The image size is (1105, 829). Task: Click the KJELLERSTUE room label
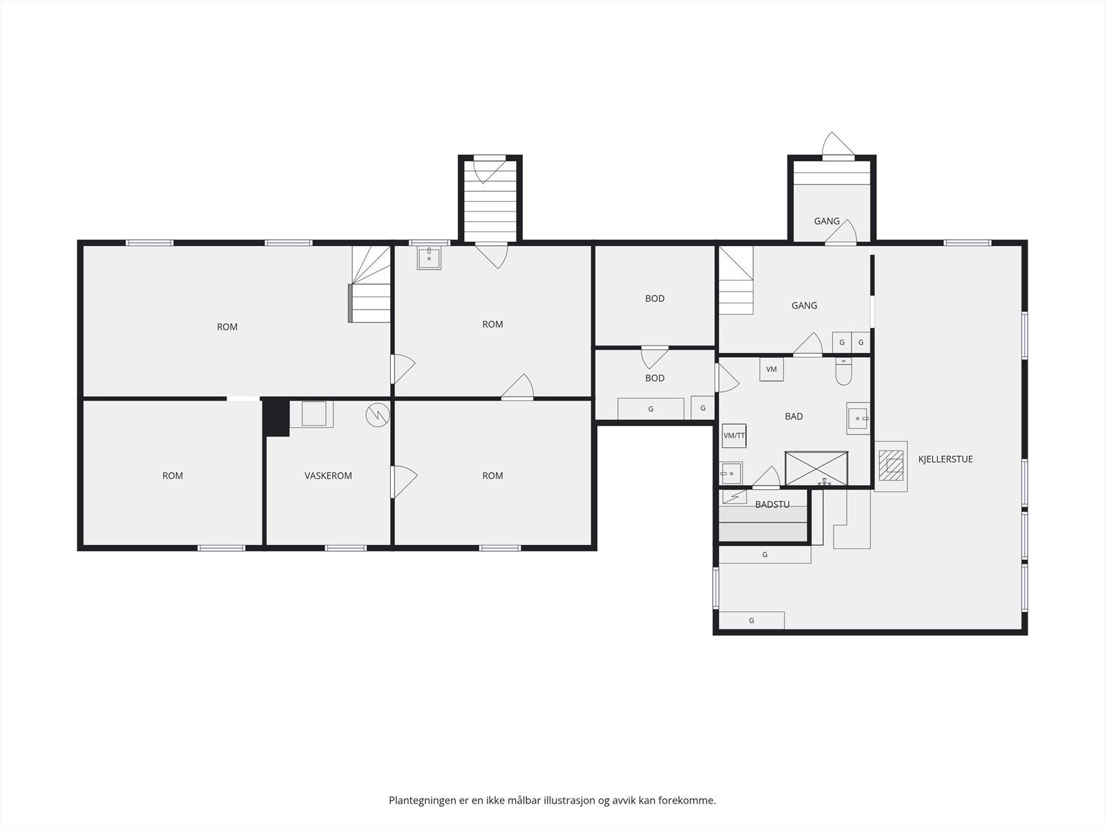[945, 459]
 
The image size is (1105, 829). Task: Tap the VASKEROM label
[328, 476]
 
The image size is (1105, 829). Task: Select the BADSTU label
[772, 504]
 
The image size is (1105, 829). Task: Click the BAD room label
[794, 417]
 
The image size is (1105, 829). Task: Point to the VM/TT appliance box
[734, 436]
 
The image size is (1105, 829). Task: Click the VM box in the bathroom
[771, 369]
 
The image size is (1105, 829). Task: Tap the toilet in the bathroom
[843, 372]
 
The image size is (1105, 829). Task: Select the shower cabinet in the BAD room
[816, 468]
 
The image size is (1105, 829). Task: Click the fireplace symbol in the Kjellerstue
[890, 466]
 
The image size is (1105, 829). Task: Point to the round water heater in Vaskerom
[378, 415]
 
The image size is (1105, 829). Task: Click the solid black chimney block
[276, 417]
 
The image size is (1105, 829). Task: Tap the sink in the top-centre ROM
[429, 258]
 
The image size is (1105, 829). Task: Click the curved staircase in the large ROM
[370, 284]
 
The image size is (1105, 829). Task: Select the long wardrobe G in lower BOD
[651, 409]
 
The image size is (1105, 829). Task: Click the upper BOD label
[655, 298]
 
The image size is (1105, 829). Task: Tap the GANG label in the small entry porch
[827, 221]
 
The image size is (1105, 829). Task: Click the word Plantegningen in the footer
[423, 800]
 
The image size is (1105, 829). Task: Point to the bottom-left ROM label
[172, 476]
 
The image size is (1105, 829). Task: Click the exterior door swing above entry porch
[838, 145]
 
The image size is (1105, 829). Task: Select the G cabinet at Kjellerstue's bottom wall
[751, 620]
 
